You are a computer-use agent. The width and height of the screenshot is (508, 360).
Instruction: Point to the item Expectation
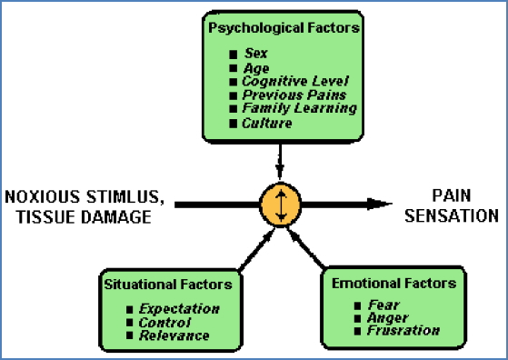(x=180, y=309)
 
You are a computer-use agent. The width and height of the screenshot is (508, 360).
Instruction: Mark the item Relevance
(x=174, y=335)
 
